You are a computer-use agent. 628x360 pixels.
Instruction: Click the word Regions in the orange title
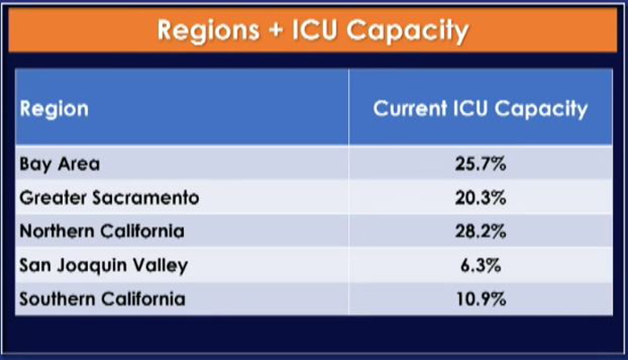[208, 31]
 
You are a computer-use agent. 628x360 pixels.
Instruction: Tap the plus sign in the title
[276, 30]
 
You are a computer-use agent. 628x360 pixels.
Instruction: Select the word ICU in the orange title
[314, 30]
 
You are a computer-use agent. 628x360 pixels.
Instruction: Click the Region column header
[54, 110]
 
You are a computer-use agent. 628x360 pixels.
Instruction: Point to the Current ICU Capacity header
[480, 109]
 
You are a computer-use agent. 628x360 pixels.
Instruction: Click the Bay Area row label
[60, 164]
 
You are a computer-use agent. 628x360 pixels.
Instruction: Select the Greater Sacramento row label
[109, 198]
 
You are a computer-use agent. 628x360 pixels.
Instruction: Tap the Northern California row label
[102, 231]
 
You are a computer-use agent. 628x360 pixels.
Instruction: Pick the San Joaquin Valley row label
[104, 266]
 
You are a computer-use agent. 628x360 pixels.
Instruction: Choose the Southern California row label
[102, 299]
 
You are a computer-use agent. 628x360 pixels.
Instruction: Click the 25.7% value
[481, 164]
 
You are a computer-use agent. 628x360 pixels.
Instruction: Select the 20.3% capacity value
[481, 198]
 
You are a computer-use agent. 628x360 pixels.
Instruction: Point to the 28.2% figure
[481, 232]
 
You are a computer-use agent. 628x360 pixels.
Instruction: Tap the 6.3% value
[481, 266]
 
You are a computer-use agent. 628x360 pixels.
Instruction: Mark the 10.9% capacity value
[481, 299]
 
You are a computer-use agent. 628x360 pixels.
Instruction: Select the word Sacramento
[145, 198]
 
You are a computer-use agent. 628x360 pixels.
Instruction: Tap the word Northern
[57, 231]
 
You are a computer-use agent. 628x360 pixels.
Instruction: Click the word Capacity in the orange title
[407, 31]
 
